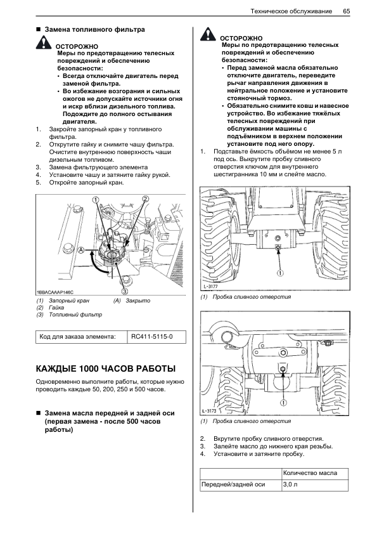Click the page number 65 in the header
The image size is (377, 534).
point(347,11)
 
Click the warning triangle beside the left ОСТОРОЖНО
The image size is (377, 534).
point(44,42)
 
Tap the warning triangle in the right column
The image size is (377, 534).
point(208,34)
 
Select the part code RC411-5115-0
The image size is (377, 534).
point(152,337)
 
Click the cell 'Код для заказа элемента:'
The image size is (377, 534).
point(77,337)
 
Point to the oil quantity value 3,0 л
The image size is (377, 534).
point(290,485)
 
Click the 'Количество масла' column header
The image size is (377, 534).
point(310,473)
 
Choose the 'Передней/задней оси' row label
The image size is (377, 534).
point(233,485)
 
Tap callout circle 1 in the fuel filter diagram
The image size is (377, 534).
point(96,199)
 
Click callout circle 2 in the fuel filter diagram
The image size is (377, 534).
point(145,199)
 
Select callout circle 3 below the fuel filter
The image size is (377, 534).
point(125,291)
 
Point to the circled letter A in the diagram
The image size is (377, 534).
point(81,251)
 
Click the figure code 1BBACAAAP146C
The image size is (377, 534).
point(54,292)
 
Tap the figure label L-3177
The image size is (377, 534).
point(210,287)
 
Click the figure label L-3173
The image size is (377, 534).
point(209,411)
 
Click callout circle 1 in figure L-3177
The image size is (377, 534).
point(280,273)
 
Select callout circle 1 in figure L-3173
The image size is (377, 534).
point(283,403)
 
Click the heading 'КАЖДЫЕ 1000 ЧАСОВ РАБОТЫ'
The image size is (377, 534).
point(106,369)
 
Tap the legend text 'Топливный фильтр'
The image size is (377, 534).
point(75,315)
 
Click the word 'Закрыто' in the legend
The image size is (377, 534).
point(137,301)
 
